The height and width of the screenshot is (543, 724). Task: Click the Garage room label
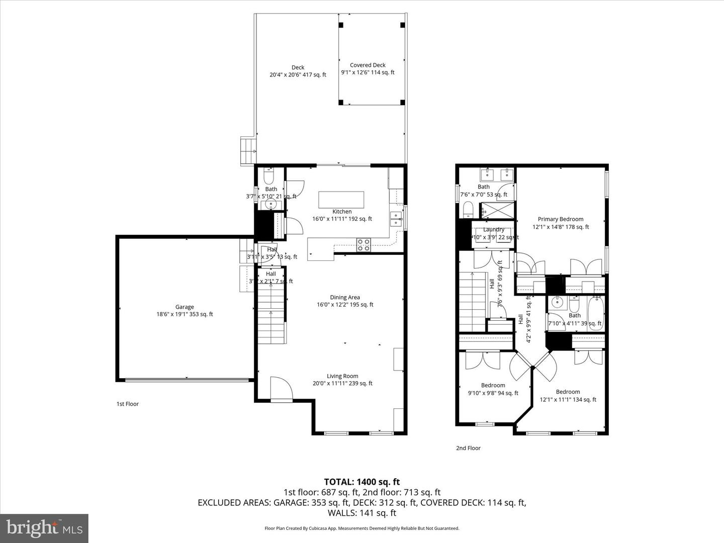click(185, 311)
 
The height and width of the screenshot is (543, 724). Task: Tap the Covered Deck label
click(368, 69)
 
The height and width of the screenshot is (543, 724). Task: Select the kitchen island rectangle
click(341, 199)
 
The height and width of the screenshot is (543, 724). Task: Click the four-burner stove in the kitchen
click(364, 245)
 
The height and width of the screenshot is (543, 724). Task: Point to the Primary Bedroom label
click(561, 223)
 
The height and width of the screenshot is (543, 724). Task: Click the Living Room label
click(342, 380)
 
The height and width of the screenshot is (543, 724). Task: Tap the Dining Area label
click(345, 301)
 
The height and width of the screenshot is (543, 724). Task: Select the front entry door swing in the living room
click(281, 388)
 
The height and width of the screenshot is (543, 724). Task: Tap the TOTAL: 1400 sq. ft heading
click(362, 482)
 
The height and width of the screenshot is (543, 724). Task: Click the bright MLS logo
click(44, 528)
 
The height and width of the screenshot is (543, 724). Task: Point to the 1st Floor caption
click(128, 404)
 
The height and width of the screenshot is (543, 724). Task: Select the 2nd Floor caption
click(468, 448)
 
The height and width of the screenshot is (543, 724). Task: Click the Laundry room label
click(493, 233)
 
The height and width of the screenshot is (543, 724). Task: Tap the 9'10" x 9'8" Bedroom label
click(493, 389)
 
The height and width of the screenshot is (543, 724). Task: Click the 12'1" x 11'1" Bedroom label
click(568, 396)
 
